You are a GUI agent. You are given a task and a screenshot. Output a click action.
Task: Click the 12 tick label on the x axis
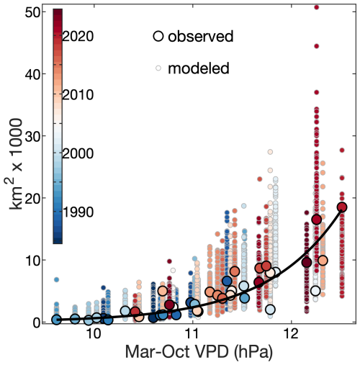291,335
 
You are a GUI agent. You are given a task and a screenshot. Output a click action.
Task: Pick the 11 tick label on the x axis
192,335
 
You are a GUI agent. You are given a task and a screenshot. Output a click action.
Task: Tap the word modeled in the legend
199,68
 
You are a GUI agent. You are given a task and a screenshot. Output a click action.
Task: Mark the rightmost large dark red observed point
342,207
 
